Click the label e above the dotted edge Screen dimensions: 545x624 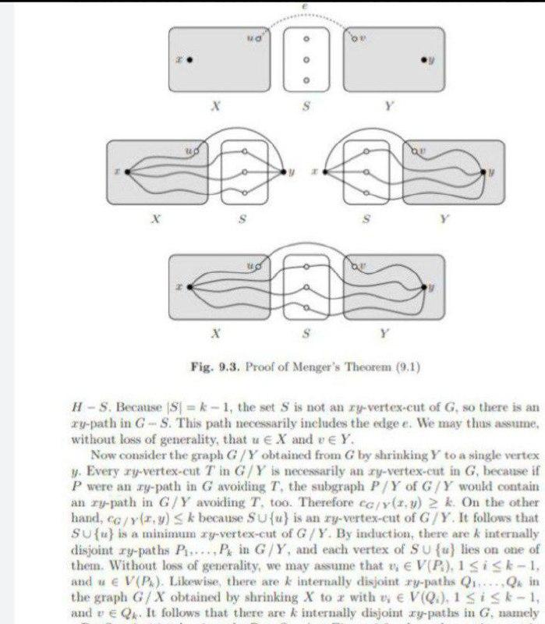click(x=303, y=6)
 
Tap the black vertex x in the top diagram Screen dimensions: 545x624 click(x=189, y=58)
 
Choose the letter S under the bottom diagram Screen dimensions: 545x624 click(x=306, y=334)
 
